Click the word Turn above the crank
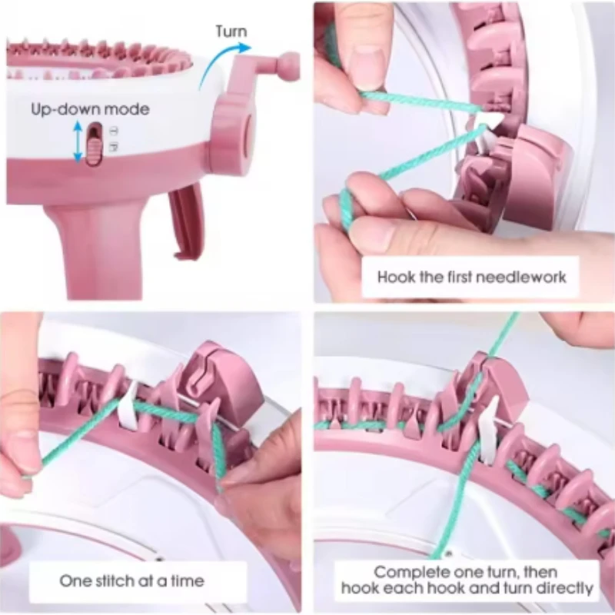coord(231,32)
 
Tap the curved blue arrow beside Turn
coord(218,59)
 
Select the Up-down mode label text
coord(90,109)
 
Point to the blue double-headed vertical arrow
coord(78,142)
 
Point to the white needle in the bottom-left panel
coord(129,407)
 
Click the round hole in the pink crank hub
coord(247,135)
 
